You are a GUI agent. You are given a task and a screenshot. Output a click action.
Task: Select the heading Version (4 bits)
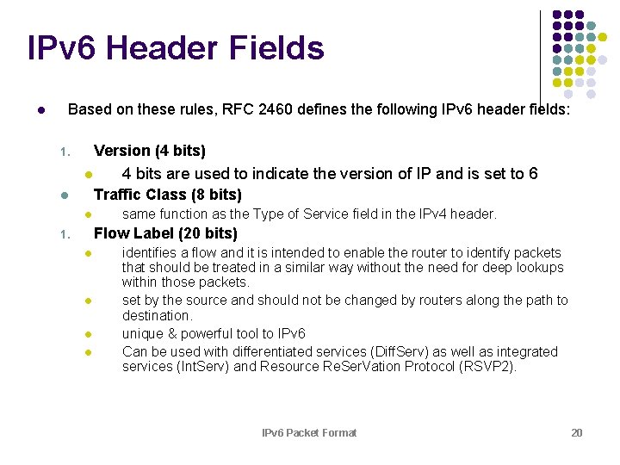coord(149,152)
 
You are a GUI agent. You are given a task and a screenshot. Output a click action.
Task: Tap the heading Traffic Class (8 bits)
coord(167,195)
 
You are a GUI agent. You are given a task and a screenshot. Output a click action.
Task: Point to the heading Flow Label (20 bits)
coord(165,233)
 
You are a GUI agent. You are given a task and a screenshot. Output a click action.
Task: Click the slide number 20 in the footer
coord(577,432)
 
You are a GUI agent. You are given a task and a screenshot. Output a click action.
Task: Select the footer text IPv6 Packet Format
coord(309,432)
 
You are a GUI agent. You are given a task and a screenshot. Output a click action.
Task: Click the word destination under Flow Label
coord(157,316)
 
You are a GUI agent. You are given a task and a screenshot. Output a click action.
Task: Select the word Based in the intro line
coord(89,110)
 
